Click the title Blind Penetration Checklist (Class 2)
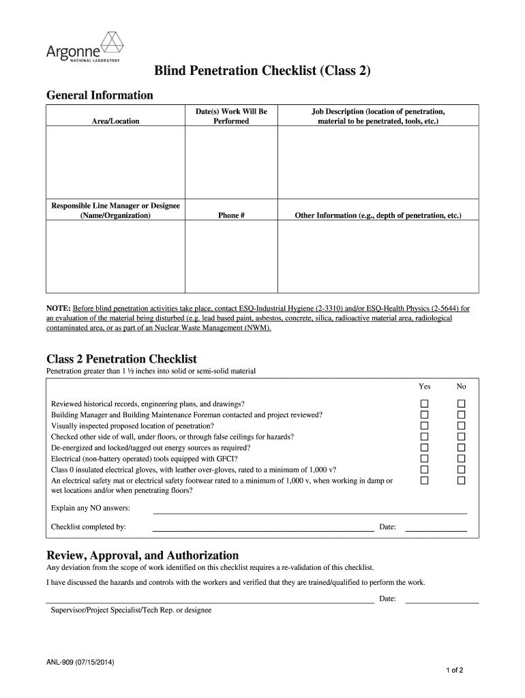262,71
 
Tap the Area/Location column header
115,121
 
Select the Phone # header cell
231,215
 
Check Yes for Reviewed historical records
424,404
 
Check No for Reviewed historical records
461,404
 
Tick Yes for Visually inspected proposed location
424,425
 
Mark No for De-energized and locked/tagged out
461,448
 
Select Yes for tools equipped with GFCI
424,459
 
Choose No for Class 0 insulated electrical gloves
461,470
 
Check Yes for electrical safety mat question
424,481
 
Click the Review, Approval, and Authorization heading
142,555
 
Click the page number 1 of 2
454,670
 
